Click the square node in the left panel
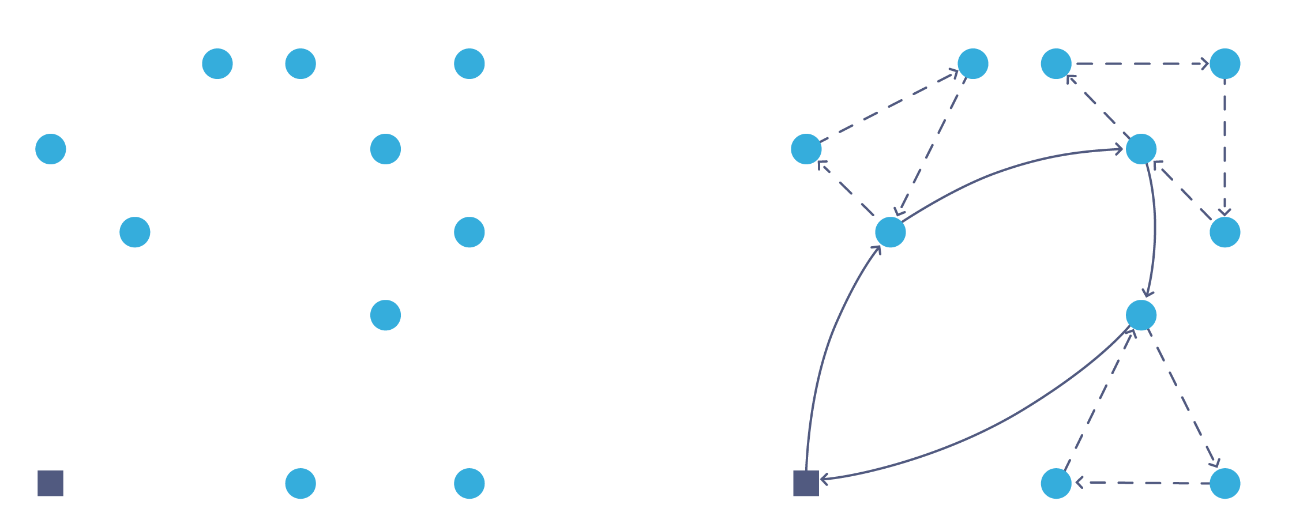click(x=51, y=483)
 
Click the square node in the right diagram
click(x=806, y=483)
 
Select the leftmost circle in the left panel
click(x=51, y=149)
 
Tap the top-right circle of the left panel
click(x=469, y=63)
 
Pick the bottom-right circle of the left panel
click(x=469, y=483)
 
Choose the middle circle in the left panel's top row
click(x=301, y=63)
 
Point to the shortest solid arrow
click(x=1154, y=231)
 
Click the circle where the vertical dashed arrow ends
click(x=1225, y=232)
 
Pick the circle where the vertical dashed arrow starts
click(x=1225, y=63)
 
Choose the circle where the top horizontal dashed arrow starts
click(x=1056, y=63)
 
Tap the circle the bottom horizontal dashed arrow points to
click(x=1056, y=483)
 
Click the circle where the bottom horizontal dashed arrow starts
click(x=1225, y=483)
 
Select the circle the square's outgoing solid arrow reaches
click(x=890, y=232)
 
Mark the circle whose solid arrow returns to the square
click(x=1141, y=315)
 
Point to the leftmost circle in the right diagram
click(x=806, y=149)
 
